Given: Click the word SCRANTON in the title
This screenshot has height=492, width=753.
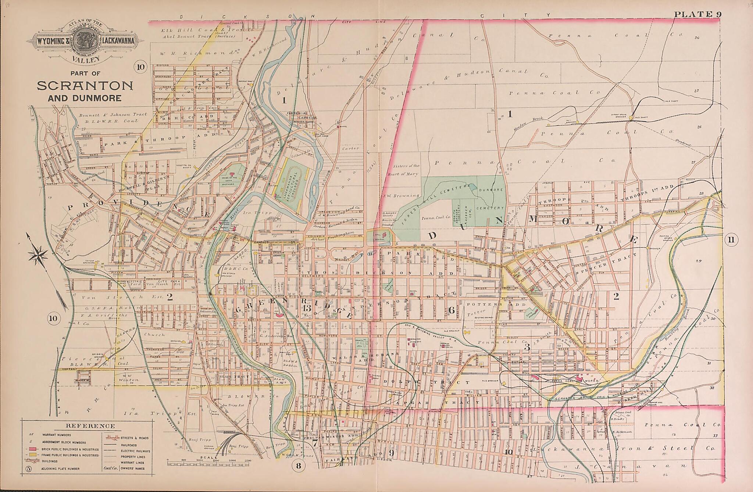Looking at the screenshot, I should pyautogui.click(x=85, y=86).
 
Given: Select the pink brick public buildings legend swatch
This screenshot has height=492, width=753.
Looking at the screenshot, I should pyautogui.click(x=33, y=449).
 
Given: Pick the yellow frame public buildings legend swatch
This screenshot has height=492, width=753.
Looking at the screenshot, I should pyautogui.click(x=33, y=455).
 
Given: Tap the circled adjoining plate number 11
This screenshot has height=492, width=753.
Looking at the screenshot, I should pyautogui.click(x=730, y=240).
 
